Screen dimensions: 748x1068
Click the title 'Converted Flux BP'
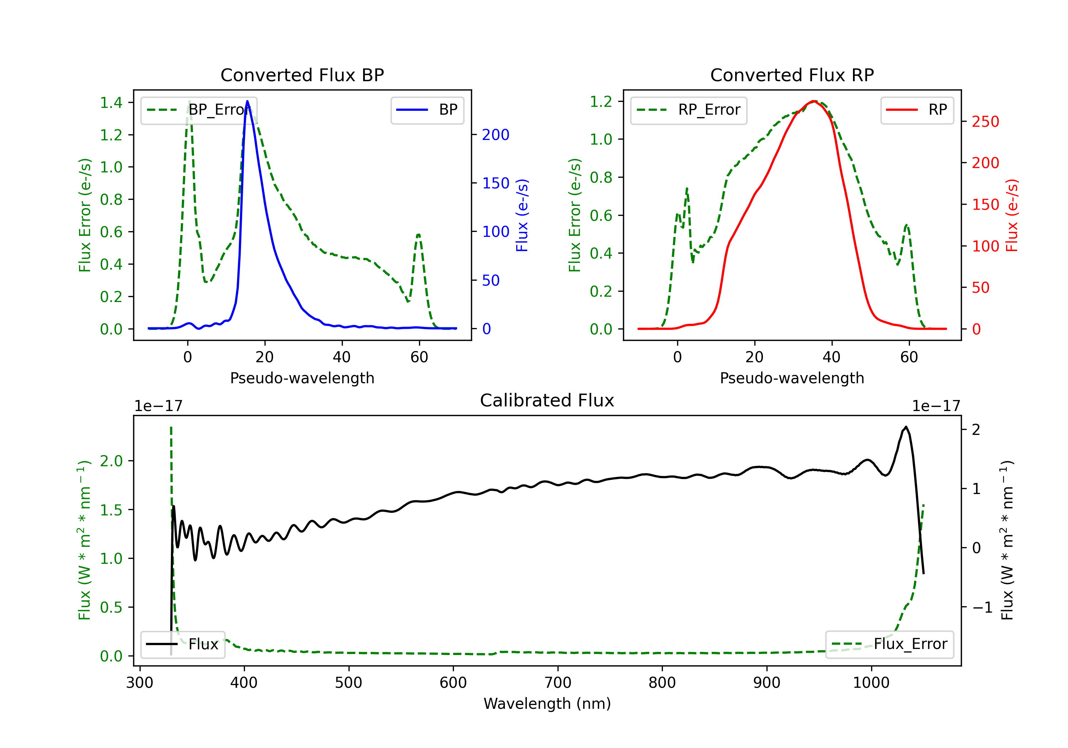(302, 75)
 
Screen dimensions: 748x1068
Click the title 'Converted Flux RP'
(792, 75)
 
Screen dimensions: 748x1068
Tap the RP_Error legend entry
(689, 110)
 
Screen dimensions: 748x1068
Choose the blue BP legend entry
(427, 110)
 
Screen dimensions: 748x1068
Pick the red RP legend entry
(917, 110)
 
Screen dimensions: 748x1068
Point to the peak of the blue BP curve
(247, 101)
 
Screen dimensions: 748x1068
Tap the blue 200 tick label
(496, 135)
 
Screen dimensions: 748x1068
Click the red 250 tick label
(985, 121)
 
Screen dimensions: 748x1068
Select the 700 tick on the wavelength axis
(558, 682)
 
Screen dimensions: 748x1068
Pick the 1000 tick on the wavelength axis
(871, 682)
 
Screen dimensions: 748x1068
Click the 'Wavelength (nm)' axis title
(547, 703)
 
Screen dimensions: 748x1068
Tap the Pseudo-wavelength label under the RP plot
(792, 378)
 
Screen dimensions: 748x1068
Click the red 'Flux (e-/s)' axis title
(1012, 215)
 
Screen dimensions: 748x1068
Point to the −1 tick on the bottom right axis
(983, 607)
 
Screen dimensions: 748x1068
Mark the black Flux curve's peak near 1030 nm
(905, 427)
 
